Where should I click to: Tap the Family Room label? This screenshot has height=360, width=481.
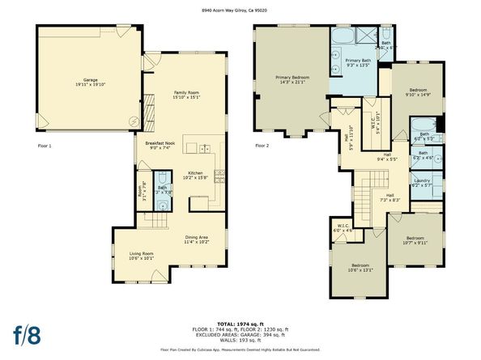185,95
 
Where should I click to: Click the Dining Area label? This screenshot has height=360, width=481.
197,239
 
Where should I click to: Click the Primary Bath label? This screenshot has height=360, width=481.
358,63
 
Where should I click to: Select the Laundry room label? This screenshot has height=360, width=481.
421,183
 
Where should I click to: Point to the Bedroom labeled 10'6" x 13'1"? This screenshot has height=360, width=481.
361,269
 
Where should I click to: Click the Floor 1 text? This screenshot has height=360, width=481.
45,146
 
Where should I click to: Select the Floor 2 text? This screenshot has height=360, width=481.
262,146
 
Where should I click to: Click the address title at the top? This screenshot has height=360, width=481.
240,10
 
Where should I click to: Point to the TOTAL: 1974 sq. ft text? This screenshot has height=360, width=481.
240,323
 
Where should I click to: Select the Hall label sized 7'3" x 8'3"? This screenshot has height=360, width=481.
389,197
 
